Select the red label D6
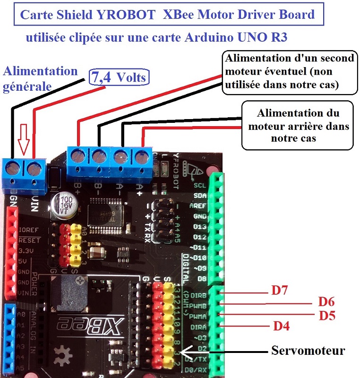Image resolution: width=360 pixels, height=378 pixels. pyautogui.click(x=326, y=301)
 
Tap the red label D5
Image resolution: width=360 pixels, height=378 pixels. pyautogui.click(x=326, y=315)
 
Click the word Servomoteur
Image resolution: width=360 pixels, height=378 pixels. pyautogui.click(x=308, y=351)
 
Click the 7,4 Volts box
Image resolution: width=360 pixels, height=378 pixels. pyautogui.click(x=120, y=77)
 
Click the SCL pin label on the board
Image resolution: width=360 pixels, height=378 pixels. pyautogui.click(x=199, y=186)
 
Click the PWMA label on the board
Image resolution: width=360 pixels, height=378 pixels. pyautogui.click(x=197, y=315)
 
